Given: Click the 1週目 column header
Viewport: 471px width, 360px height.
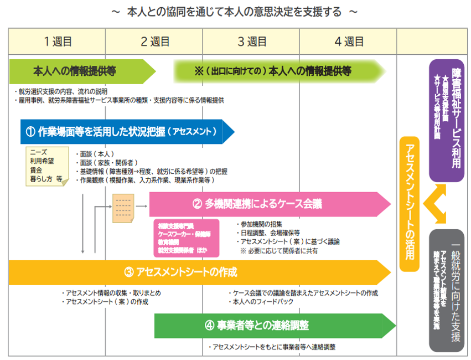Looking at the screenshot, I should [57, 42].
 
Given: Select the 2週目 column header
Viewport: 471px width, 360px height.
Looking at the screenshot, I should [154, 42].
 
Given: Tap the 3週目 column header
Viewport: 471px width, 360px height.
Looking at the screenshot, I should [252, 42].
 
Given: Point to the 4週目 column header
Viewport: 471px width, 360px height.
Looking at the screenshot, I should [349, 42].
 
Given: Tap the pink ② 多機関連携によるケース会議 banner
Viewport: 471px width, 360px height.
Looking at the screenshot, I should [266, 204].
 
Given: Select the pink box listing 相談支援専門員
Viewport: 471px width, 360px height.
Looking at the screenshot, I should [185, 238].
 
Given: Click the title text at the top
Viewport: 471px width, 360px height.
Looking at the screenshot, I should [235, 12].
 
